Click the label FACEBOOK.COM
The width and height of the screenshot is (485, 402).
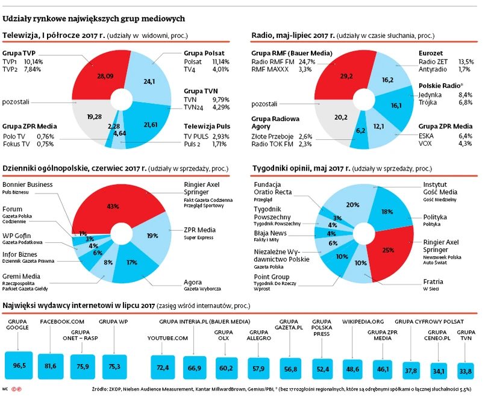[62, 322]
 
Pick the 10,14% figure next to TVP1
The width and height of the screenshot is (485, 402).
[34, 61]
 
